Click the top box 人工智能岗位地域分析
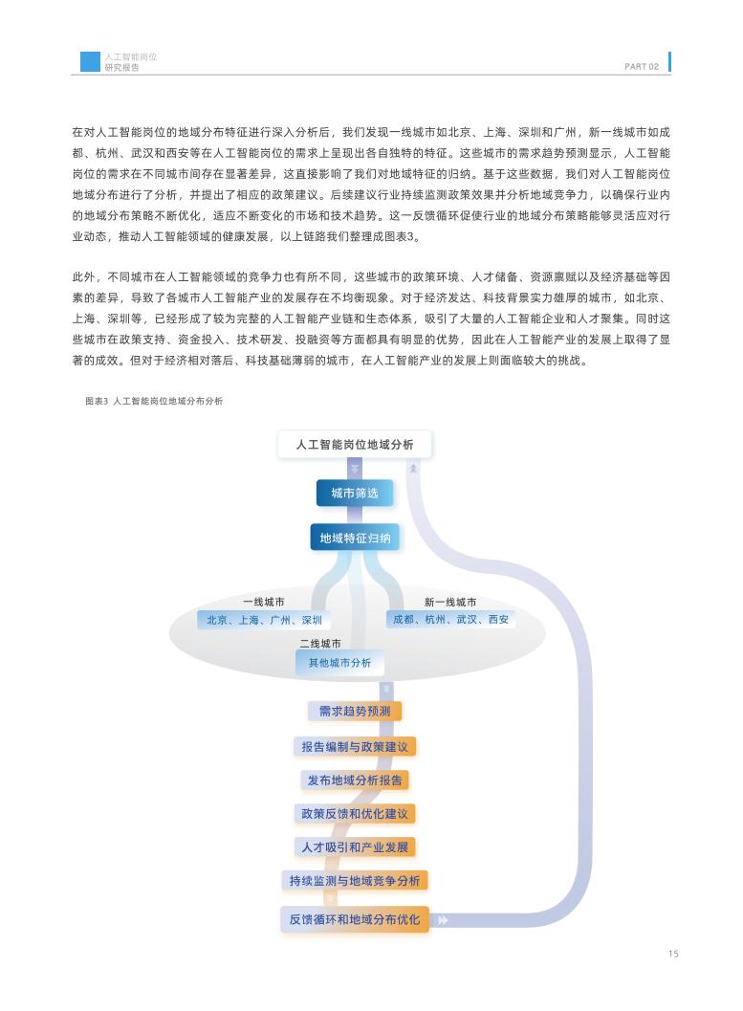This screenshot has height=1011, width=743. click(x=355, y=445)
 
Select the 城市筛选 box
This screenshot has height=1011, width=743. click(x=355, y=494)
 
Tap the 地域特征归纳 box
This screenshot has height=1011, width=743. click(x=355, y=538)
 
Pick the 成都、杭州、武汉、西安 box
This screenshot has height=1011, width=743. click(x=450, y=620)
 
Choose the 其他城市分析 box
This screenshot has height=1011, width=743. click(x=339, y=663)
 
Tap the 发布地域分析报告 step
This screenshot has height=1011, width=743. click(x=355, y=780)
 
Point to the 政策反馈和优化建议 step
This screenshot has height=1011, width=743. click(x=355, y=814)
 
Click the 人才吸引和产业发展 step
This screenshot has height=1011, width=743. click(x=355, y=847)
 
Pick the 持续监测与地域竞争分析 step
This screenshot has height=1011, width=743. click(x=355, y=881)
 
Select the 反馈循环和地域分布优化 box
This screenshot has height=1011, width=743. click(x=355, y=919)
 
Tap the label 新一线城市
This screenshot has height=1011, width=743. click(x=450, y=603)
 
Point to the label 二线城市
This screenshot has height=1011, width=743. click(x=320, y=645)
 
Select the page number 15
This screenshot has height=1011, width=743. click(x=673, y=954)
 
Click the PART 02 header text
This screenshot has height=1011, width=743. click(x=641, y=67)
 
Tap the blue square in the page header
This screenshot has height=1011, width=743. click(x=90, y=62)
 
